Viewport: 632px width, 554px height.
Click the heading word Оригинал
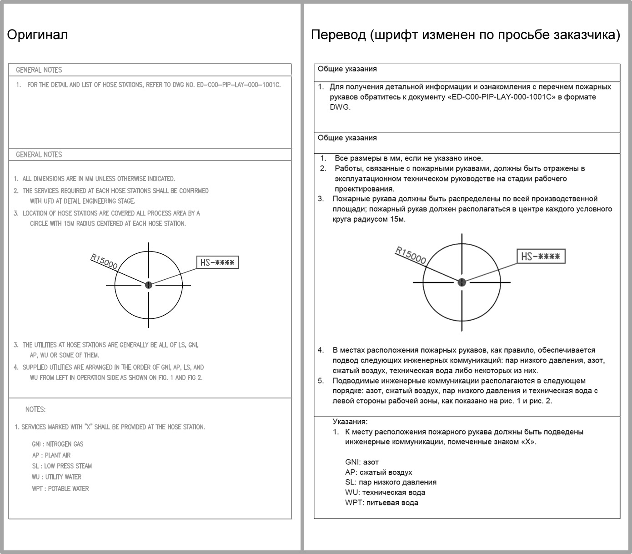[x=37, y=35]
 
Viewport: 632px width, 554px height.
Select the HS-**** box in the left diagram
[x=217, y=262]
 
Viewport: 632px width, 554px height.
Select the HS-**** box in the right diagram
[x=541, y=257]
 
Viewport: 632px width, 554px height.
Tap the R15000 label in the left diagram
[x=104, y=262]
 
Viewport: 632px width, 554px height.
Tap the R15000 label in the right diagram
[x=411, y=255]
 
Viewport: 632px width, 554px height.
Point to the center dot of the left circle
[x=149, y=285]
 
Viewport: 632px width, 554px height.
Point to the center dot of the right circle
[x=462, y=282]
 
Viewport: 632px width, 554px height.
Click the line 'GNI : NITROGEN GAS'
[x=58, y=444]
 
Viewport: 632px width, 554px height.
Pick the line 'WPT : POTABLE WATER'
[x=60, y=489]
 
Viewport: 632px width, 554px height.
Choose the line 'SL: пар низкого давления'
[x=391, y=482]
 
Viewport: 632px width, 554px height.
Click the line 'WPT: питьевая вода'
[x=381, y=503]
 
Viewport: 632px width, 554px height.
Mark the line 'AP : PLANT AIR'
[x=51, y=455]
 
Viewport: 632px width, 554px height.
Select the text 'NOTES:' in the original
[x=35, y=409]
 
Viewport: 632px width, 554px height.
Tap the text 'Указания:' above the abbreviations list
[x=350, y=422]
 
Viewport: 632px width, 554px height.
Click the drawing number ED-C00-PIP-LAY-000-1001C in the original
[x=239, y=85]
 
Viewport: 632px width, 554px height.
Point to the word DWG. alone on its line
[x=340, y=107]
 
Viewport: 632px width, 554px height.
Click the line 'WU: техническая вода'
[x=385, y=492]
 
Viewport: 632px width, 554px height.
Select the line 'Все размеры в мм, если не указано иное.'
[x=408, y=158]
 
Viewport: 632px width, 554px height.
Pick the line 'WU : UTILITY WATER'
[x=57, y=477]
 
